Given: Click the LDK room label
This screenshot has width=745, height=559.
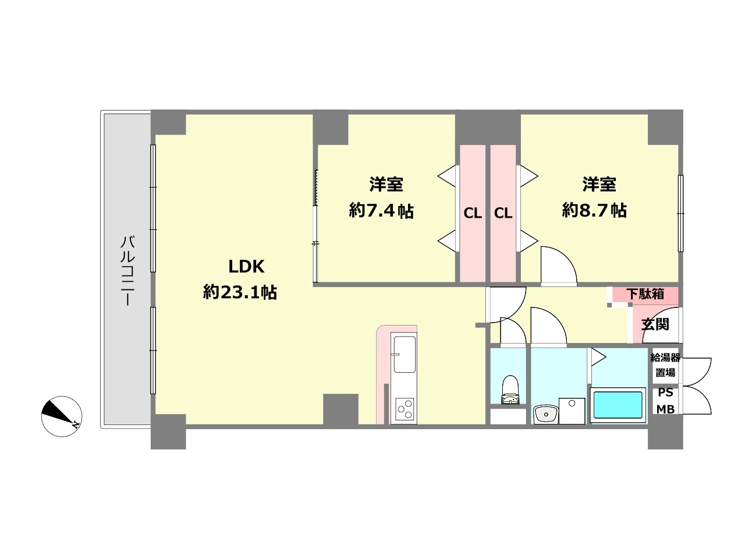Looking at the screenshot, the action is pyautogui.click(x=246, y=267).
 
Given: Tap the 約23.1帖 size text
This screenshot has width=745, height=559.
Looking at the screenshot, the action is pyautogui.click(x=240, y=292).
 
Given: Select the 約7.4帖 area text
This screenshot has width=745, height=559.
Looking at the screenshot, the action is pyautogui.click(x=381, y=211).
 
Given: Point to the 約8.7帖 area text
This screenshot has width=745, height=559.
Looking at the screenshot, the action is pyautogui.click(x=594, y=210).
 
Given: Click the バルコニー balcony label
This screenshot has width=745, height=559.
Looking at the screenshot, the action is pyautogui.click(x=128, y=271).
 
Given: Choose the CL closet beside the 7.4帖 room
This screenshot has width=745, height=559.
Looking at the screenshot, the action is pyautogui.click(x=473, y=214).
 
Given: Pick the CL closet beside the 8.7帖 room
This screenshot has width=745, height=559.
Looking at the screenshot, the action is pyautogui.click(x=503, y=214).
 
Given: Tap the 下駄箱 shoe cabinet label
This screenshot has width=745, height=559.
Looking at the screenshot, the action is pyautogui.click(x=645, y=294).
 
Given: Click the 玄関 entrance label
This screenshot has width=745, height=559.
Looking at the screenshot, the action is pyautogui.click(x=655, y=324).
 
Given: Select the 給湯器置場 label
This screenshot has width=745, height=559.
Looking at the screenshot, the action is pyautogui.click(x=665, y=365).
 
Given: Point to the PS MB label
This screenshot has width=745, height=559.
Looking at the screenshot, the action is pyautogui.click(x=666, y=401).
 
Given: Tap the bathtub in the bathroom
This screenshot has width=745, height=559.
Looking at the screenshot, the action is pyautogui.click(x=618, y=405).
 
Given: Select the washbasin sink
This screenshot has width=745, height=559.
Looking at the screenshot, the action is pyautogui.click(x=546, y=415).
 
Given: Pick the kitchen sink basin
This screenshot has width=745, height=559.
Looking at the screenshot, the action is pyautogui.click(x=405, y=355).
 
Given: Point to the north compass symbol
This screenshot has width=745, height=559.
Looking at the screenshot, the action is pyautogui.click(x=62, y=416).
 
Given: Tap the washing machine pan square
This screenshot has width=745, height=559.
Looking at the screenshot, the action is pyautogui.click(x=572, y=411).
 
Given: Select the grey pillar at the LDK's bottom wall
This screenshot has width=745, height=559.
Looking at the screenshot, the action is pyautogui.click(x=340, y=409).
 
